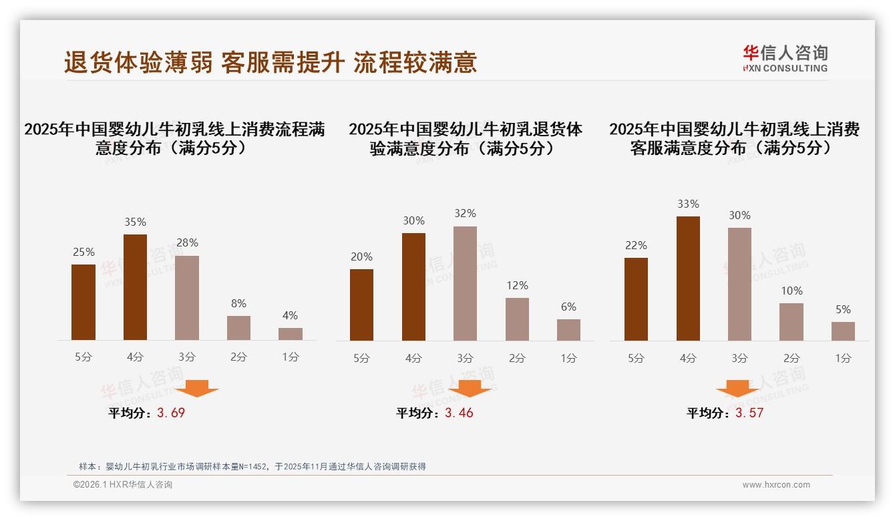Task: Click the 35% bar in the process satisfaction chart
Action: [x=136, y=287]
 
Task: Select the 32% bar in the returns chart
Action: [x=465, y=283]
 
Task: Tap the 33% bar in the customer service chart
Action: [x=688, y=279]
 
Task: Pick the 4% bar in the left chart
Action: [x=291, y=334]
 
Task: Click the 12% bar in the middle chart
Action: [x=517, y=319]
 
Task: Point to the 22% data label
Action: [x=636, y=245]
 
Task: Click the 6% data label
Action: [x=568, y=307]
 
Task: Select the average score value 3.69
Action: [x=171, y=413]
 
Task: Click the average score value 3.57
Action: [x=749, y=413]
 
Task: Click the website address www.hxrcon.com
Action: [x=776, y=485]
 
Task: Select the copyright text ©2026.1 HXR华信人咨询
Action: [x=123, y=485]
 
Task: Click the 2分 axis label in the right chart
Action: [x=791, y=358]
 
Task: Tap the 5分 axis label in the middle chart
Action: [x=361, y=358]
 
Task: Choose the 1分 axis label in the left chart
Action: [x=291, y=357]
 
